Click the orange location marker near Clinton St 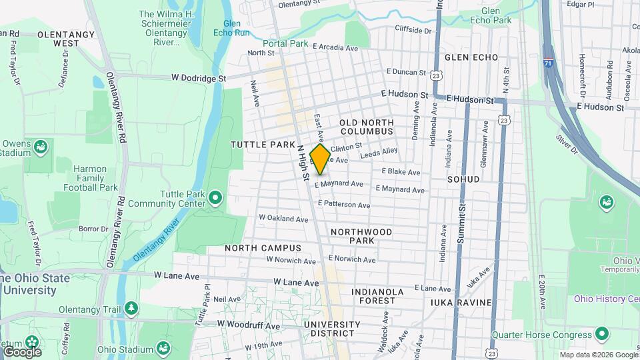(x=320, y=159)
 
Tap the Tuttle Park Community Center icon (x=215, y=197)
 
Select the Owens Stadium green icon (x=40, y=146)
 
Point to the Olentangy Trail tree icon (x=132, y=307)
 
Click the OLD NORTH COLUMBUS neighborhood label (x=367, y=127)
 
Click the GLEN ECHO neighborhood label (x=471, y=57)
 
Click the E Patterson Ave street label (x=343, y=205)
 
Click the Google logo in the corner (x=21, y=351)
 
